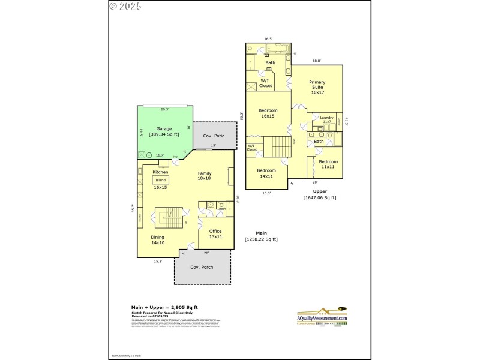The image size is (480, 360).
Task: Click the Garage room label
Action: (x=164, y=129)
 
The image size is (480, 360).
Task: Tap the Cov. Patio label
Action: (x=214, y=136)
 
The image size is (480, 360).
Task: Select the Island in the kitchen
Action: (x=160, y=179)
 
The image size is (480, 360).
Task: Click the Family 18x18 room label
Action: (x=205, y=176)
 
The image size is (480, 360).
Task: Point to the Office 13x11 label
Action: (x=215, y=234)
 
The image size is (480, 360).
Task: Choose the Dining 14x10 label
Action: (x=158, y=240)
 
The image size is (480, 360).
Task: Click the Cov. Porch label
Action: (x=202, y=267)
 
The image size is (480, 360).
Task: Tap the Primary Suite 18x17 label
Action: (x=317, y=87)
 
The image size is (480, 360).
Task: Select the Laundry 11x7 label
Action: (x=327, y=119)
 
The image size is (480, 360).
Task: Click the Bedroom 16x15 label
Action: (x=268, y=113)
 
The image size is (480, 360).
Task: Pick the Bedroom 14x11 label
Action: (x=266, y=173)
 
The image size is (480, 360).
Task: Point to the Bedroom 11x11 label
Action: (x=328, y=164)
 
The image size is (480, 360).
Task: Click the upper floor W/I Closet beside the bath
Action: (x=265, y=83)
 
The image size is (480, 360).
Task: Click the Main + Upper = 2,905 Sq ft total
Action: (x=160, y=307)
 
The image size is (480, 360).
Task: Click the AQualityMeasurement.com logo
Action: (x=323, y=316)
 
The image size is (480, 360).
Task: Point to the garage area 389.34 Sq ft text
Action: (x=164, y=134)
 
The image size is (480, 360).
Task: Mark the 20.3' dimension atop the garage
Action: (x=164, y=109)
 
